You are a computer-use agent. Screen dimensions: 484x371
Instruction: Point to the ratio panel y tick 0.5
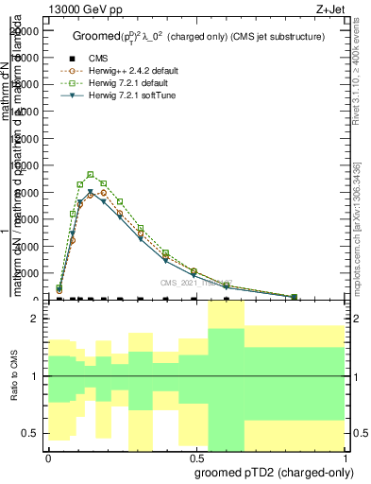[x=31, y=433]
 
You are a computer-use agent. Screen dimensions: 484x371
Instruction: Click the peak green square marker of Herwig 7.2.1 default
[x=91, y=174]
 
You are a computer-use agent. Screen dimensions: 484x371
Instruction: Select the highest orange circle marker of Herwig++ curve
[x=104, y=193]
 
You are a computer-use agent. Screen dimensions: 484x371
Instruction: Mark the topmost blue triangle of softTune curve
[x=91, y=192]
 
